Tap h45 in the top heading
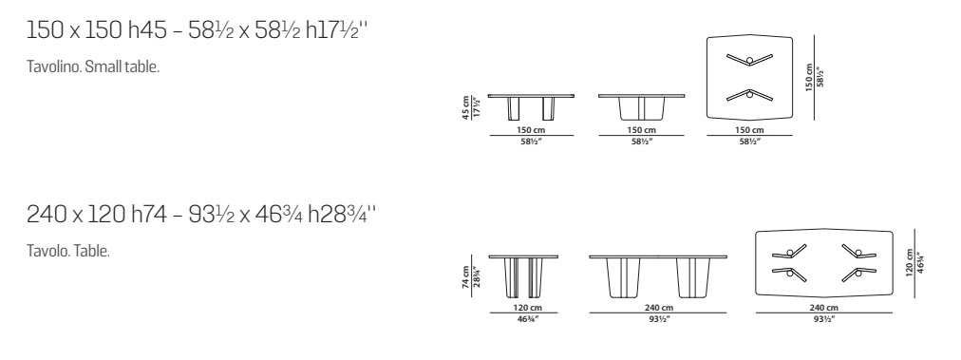pos(147,30)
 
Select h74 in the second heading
pos(149,214)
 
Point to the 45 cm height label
pos(466,107)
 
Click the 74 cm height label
pos(466,276)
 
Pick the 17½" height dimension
pos(477,107)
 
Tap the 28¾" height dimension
pos(477,276)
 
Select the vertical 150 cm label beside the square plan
pos(810,77)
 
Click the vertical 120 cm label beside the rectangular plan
pos(910,262)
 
